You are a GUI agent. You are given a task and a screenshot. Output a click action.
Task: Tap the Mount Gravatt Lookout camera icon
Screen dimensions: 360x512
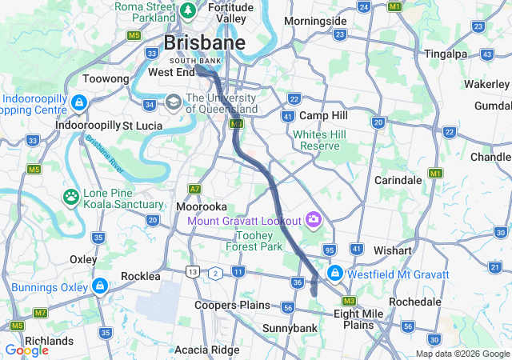tap(313, 219)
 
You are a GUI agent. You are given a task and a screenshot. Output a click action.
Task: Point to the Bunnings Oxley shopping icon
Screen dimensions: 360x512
tap(99, 286)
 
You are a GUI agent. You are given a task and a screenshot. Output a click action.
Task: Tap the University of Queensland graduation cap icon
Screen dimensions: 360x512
tap(174, 102)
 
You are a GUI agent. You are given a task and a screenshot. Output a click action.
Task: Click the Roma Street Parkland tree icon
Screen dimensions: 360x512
tap(188, 10)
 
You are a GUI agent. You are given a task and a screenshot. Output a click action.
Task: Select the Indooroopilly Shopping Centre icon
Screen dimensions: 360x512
tap(78, 102)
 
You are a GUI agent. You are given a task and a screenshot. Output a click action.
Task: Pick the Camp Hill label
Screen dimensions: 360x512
tap(322, 115)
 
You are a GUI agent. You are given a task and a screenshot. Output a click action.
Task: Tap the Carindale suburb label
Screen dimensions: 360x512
tap(398, 180)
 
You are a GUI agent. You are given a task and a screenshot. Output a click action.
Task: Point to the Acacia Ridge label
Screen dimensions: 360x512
tap(206, 350)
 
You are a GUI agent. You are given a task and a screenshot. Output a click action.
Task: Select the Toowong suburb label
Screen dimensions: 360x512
tap(106, 79)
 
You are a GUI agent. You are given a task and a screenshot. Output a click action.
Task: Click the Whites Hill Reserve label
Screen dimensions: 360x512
tap(318, 140)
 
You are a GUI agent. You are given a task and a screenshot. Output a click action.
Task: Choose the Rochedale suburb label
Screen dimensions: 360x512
tap(414, 302)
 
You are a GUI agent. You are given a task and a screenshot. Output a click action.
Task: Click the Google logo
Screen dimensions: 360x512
tap(26, 350)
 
